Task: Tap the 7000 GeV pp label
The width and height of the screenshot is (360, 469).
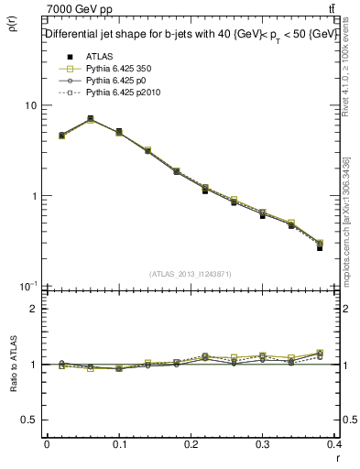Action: pos(74,10)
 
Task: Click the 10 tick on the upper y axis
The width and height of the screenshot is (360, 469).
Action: pos(30,105)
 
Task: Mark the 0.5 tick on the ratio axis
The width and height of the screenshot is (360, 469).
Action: pos(28,420)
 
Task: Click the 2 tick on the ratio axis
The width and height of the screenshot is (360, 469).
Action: pos(33,309)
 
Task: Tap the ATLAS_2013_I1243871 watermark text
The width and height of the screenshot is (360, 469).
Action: pos(191,275)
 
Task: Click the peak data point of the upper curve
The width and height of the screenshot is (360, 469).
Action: pos(90,119)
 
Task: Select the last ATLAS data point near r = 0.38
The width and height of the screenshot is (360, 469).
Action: pos(320,247)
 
